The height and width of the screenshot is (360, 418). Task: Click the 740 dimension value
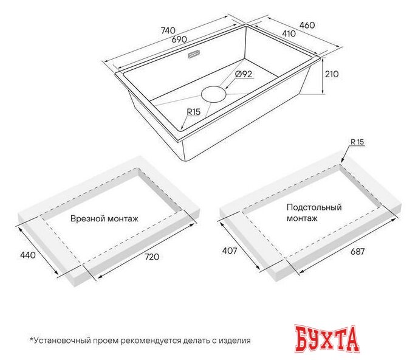pyautogui.click(x=168, y=30)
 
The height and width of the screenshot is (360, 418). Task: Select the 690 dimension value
pyautogui.click(x=178, y=40)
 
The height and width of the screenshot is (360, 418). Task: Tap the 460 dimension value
pyautogui.click(x=307, y=26)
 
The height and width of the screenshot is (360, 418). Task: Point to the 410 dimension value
pyautogui.click(x=289, y=34)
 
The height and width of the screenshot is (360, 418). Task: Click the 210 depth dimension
pyautogui.click(x=331, y=74)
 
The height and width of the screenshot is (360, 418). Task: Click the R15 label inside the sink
pyautogui.click(x=194, y=112)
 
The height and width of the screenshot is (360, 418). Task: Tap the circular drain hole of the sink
pyautogui.click(x=213, y=94)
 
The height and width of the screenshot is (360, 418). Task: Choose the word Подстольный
pyautogui.click(x=313, y=207)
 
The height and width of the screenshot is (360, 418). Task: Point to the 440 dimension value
pyautogui.click(x=27, y=255)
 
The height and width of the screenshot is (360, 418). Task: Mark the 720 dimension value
pyautogui.click(x=151, y=257)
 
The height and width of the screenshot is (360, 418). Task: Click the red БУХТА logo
pyautogui.click(x=328, y=339)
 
